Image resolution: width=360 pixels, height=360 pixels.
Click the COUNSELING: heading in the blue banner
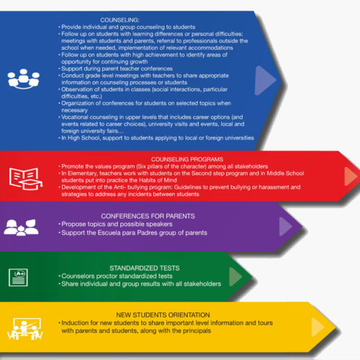point(120,20)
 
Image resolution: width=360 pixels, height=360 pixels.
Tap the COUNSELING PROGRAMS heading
point(187,159)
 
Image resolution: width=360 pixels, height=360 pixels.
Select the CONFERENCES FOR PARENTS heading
point(148,216)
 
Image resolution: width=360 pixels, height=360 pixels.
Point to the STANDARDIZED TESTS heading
point(145,268)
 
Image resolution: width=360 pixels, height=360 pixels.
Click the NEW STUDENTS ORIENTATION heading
point(163,315)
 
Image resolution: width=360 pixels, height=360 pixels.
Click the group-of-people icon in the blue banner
point(24,79)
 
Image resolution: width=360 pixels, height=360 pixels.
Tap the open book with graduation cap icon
point(26,179)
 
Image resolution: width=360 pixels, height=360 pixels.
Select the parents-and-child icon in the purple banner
point(21,228)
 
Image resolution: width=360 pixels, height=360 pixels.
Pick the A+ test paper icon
point(18,278)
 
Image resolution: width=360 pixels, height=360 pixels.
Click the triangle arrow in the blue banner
point(265,81)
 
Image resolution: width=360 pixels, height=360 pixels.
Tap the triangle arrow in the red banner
point(351,176)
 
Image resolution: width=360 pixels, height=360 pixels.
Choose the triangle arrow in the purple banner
point(286,226)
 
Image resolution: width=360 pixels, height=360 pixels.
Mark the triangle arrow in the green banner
point(235,276)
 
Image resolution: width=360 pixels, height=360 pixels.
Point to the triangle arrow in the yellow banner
point(318,327)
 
